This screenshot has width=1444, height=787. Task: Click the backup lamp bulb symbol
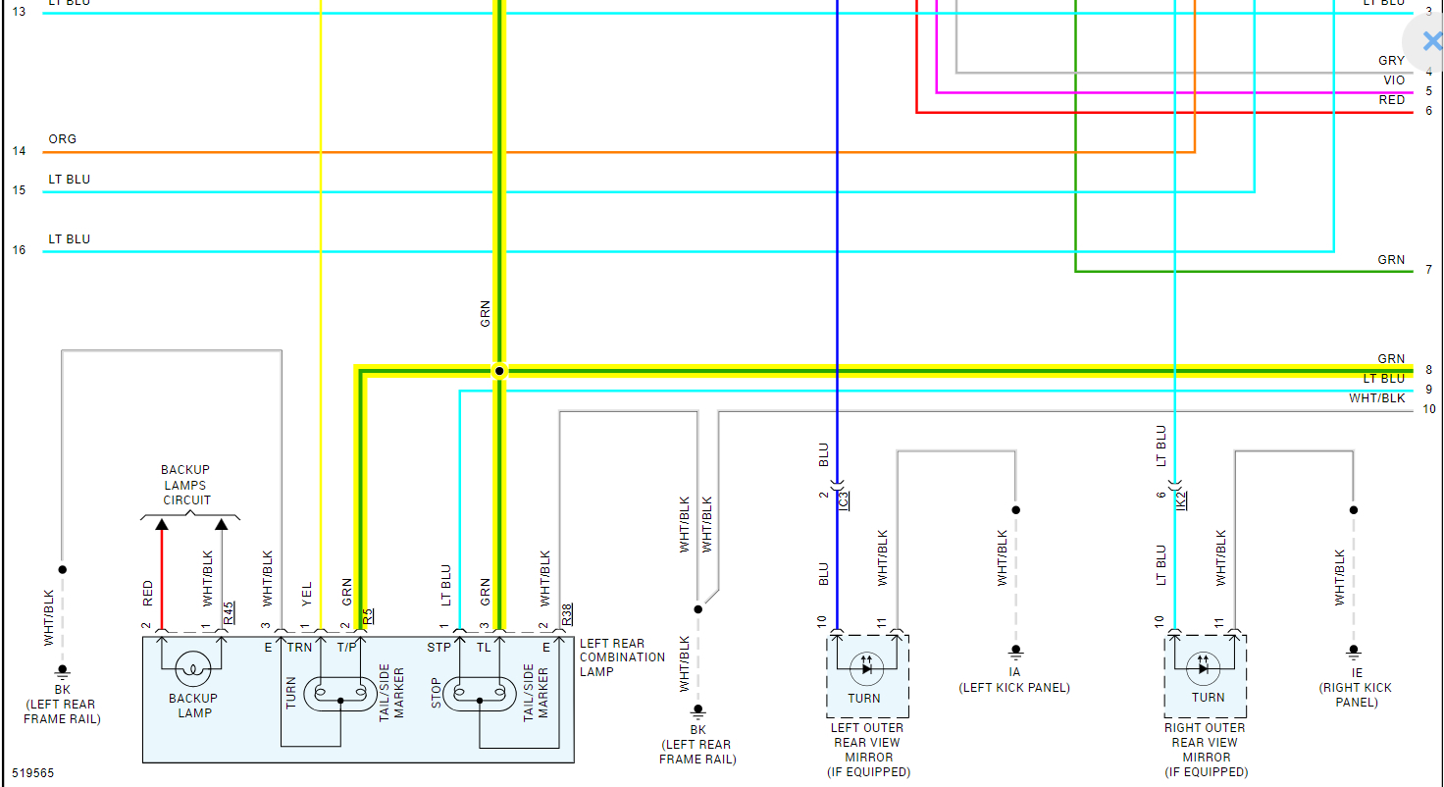[x=194, y=670]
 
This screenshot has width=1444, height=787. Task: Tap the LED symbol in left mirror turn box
[x=865, y=669]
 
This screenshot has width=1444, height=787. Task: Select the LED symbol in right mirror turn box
[x=1204, y=669]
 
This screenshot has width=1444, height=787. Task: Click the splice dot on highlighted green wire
[x=499, y=371]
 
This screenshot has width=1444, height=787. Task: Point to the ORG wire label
[x=62, y=139]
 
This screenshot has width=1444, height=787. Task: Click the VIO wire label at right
[x=1393, y=80]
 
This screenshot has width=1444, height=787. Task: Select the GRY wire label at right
[x=1391, y=61]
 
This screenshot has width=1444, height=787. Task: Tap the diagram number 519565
[x=33, y=773]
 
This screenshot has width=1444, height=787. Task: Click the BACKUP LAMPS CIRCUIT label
[x=186, y=485]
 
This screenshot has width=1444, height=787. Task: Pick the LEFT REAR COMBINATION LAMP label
[x=622, y=657]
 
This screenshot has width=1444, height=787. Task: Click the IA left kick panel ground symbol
[x=1015, y=651]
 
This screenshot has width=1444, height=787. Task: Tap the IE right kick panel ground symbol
[x=1354, y=651]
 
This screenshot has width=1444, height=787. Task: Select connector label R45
[x=229, y=613]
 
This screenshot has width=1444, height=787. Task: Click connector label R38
[x=567, y=614]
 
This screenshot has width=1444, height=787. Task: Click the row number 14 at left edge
[x=20, y=151]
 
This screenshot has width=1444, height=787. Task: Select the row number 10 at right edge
[x=1429, y=409]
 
